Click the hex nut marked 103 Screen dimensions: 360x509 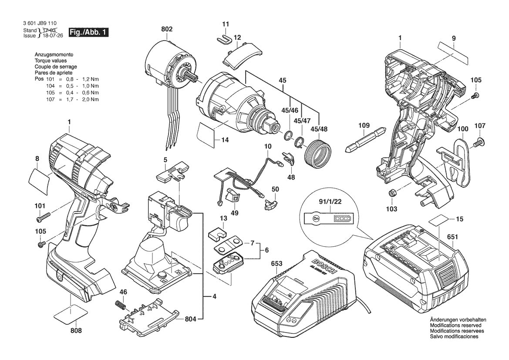pos(391,193)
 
